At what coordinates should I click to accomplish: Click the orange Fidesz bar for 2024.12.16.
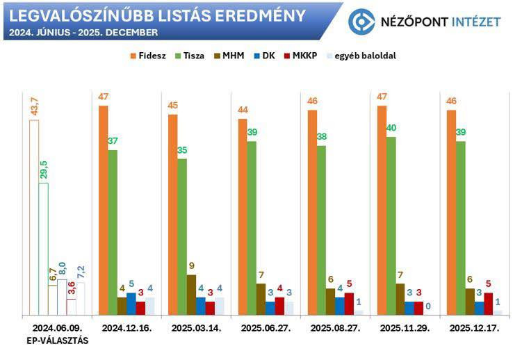[103, 211]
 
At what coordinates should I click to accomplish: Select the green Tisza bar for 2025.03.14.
[182, 237]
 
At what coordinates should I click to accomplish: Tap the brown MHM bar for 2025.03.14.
[191, 295]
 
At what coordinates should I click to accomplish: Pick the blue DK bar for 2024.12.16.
[131, 304]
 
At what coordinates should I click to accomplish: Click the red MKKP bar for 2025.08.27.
[349, 304]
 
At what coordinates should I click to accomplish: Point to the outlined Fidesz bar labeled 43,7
[34, 218]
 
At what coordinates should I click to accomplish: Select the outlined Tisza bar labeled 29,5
[44, 249]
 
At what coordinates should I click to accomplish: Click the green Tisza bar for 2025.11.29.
[391, 226]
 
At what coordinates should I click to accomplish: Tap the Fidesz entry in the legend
[148, 56]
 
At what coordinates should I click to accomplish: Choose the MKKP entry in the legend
[300, 56]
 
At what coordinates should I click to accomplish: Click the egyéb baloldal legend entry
[361, 56]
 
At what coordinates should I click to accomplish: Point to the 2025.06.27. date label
[266, 328]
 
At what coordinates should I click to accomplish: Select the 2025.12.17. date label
[475, 328]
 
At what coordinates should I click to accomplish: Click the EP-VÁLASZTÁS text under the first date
[58, 341]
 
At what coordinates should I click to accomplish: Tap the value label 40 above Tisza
[391, 128]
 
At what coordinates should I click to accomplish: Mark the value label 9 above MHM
[191, 266]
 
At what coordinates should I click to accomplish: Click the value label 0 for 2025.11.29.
[428, 306]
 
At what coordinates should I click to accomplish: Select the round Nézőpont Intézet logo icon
[361, 22]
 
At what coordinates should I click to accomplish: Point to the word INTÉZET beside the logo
[476, 22]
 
